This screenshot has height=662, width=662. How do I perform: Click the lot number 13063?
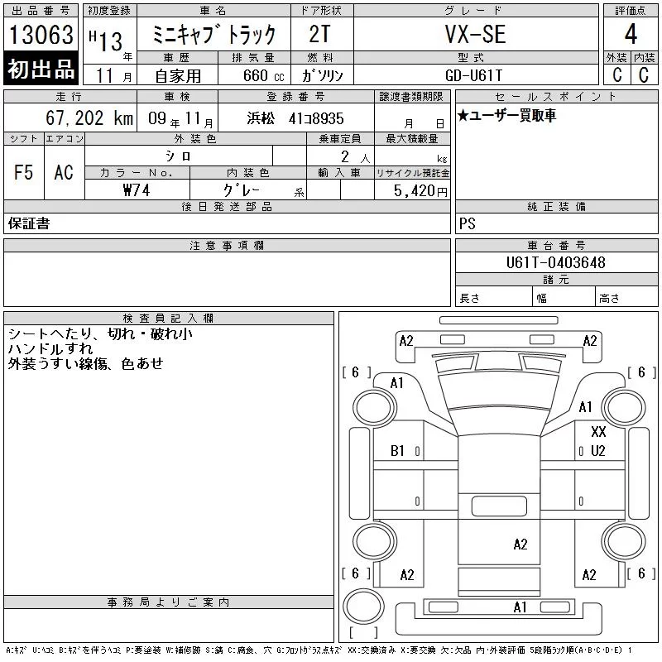[41, 35]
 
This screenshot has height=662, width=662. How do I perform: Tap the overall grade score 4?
[631, 34]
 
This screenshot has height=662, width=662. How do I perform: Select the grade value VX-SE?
[475, 34]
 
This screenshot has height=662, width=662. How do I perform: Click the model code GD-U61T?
[473, 75]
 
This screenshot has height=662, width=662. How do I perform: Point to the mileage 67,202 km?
[89, 118]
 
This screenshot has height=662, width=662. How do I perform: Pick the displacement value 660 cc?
[263, 75]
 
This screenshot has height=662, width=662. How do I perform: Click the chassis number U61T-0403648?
[555, 262]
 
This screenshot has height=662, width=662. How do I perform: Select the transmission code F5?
[23, 172]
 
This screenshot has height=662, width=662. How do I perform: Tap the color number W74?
[137, 190]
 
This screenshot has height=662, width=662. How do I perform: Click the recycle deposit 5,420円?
[420, 191]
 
